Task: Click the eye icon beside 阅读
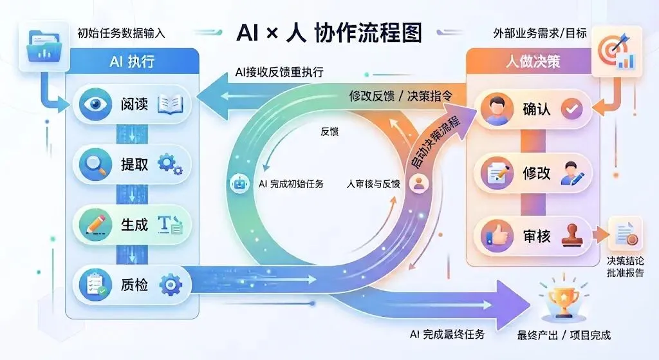(95, 104)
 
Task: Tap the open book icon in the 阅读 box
(170, 104)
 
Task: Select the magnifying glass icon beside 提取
(95, 164)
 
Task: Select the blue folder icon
(43, 46)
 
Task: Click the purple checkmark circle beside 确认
(571, 109)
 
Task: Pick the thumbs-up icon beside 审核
(497, 236)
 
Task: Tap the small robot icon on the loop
(239, 184)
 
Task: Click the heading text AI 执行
(132, 62)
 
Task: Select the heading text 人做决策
(533, 62)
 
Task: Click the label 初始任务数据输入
(121, 33)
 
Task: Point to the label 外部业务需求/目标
(540, 33)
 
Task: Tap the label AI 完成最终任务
(447, 334)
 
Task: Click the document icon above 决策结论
(626, 234)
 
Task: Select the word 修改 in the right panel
(536, 173)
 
